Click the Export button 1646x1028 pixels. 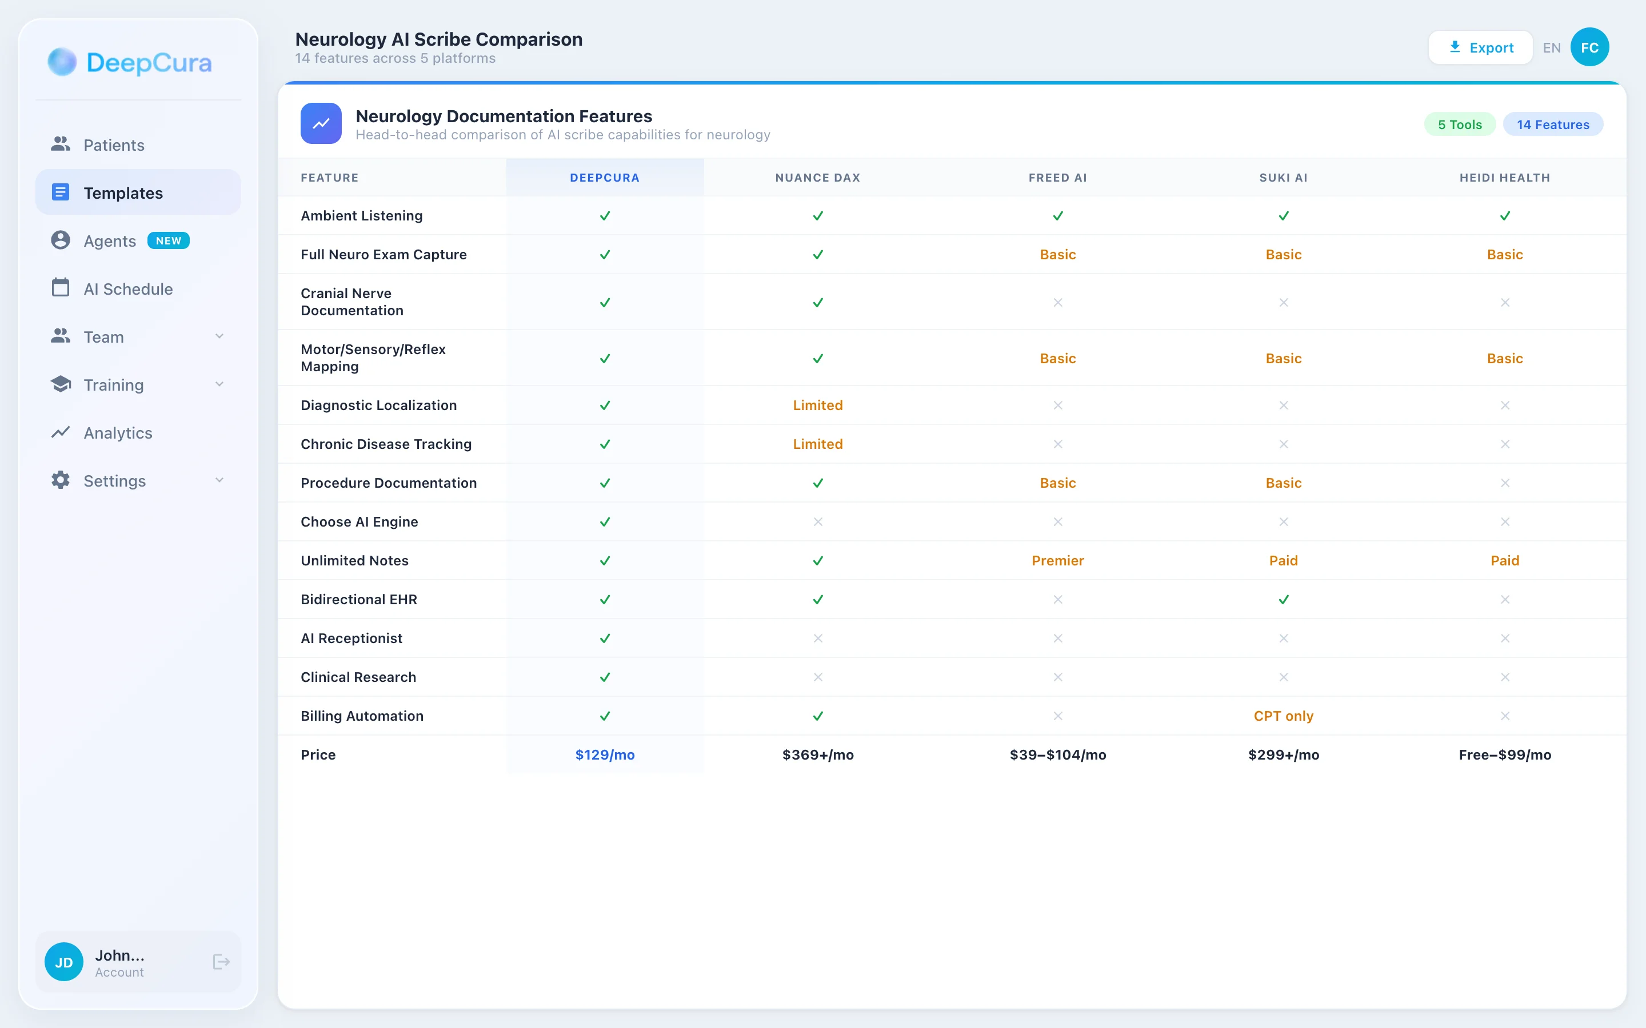click(1480, 47)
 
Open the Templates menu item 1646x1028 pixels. click(122, 193)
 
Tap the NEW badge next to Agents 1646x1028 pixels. click(168, 240)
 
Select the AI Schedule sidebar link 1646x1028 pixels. click(128, 289)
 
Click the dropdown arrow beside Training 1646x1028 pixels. click(219, 384)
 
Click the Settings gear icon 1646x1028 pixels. click(61, 480)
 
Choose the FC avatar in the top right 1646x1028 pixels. click(1589, 47)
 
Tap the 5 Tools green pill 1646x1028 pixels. click(1459, 125)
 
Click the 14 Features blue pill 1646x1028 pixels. click(1552, 125)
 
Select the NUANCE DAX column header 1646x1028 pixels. click(817, 178)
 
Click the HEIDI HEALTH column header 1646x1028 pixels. click(1504, 178)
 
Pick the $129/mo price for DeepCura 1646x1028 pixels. click(605, 754)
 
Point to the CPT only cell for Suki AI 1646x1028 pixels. click(1283, 716)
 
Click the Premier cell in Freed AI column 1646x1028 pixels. click(1057, 561)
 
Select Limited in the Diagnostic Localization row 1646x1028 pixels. click(817, 405)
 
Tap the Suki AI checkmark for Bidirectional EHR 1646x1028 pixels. click(1283, 600)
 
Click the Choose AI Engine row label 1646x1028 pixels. click(359, 521)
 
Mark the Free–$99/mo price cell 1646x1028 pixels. click(1504, 754)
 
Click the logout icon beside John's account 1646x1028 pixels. click(221, 961)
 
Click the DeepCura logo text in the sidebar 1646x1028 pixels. click(149, 63)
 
